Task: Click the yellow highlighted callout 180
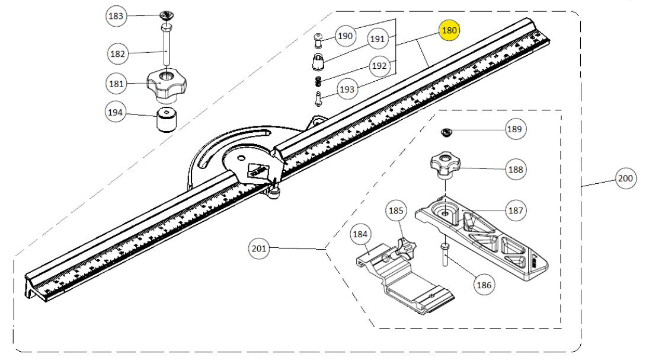pyautogui.click(x=449, y=30)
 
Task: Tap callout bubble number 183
pyautogui.click(x=116, y=16)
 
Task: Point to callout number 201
pyautogui.click(x=259, y=249)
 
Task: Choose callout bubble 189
pyautogui.click(x=515, y=129)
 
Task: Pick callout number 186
pyautogui.click(x=484, y=285)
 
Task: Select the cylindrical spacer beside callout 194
pyautogui.click(x=167, y=121)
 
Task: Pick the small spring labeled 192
pyautogui.click(x=318, y=81)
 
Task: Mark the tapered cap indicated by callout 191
pyautogui.click(x=318, y=61)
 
